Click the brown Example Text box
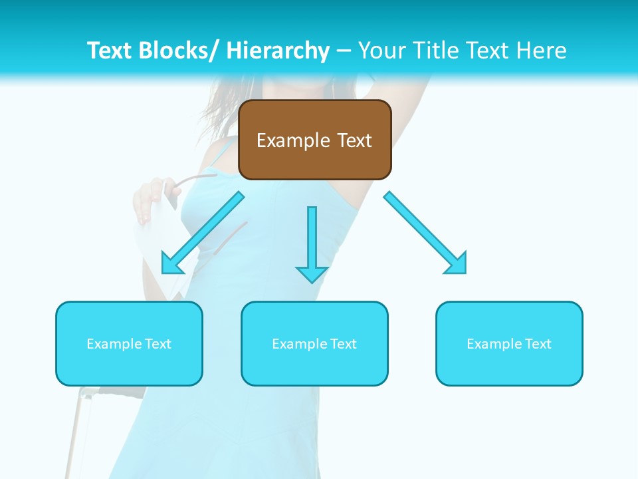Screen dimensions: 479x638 click(x=315, y=140)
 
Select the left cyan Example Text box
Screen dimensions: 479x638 click(x=129, y=343)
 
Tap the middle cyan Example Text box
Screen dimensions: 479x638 click(x=314, y=343)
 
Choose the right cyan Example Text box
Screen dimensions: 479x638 click(x=509, y=343)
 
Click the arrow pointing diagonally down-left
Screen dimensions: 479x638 click(x=203, y=232)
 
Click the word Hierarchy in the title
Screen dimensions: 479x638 click(x=278, y=51)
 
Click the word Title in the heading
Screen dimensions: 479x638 click(x=429, y=51)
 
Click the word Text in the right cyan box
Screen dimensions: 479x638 click(x=537, y=344)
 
